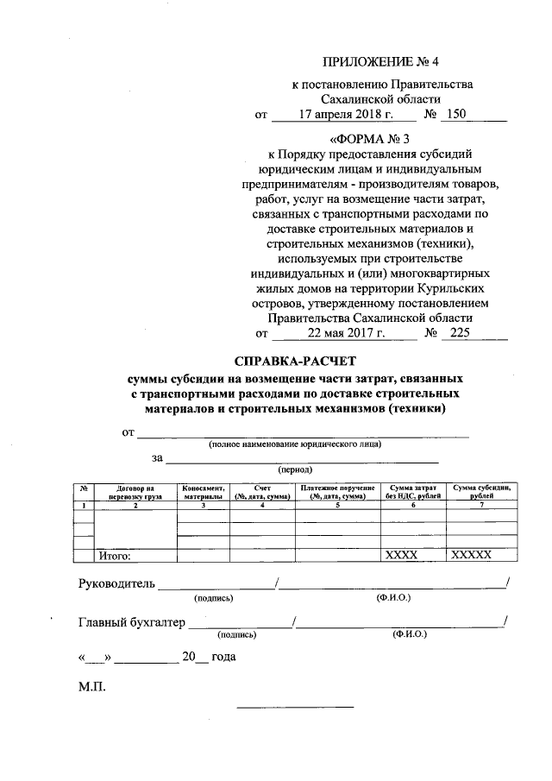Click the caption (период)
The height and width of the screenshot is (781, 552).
pyautogui.click(x=295, y=471)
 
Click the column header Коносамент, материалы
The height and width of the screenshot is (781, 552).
pyautogui.click(x=204, y=493)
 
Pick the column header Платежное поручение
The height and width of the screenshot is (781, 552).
pyautogui.click(x=337, y=493)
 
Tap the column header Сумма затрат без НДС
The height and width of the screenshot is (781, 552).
pyautogui.click(x=413, y=493)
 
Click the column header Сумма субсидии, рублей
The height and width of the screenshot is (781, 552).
pyautogui.click(x=482, y=493)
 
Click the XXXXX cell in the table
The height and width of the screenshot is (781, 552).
pyautogui.click(x=471, y=556)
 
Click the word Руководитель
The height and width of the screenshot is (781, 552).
pyautogui.click(x=117, y=583)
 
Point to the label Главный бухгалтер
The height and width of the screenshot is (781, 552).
pyautogui.click(x=132, y=620)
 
